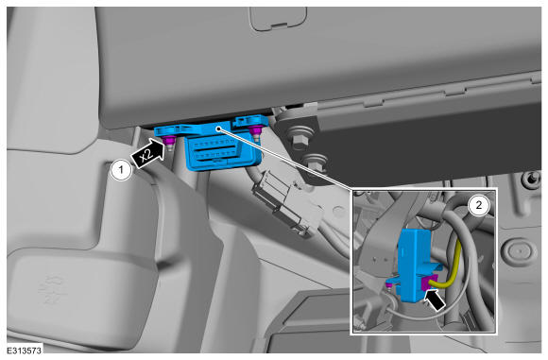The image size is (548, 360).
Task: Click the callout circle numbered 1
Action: (x=121, y=171)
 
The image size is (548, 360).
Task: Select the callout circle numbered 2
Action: (x=478, y=204)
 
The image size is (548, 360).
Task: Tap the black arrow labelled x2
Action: (x=148, y=154)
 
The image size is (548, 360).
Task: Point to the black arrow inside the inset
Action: (x=435, y=300)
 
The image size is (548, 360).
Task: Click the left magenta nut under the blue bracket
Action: (x=170, y=140)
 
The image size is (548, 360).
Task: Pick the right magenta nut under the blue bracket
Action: (x=256, y=130)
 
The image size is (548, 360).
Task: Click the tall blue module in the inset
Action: (x=415, y=265)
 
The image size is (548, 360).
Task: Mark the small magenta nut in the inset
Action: (x=387, y=286)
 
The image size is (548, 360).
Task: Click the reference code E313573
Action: (x=25, y=351)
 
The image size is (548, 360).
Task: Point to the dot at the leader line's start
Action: (x=218, y=129)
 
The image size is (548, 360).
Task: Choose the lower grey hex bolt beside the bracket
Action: (x=316, y=163)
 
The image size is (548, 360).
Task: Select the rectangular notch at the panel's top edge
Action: (x=278, y=19)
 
